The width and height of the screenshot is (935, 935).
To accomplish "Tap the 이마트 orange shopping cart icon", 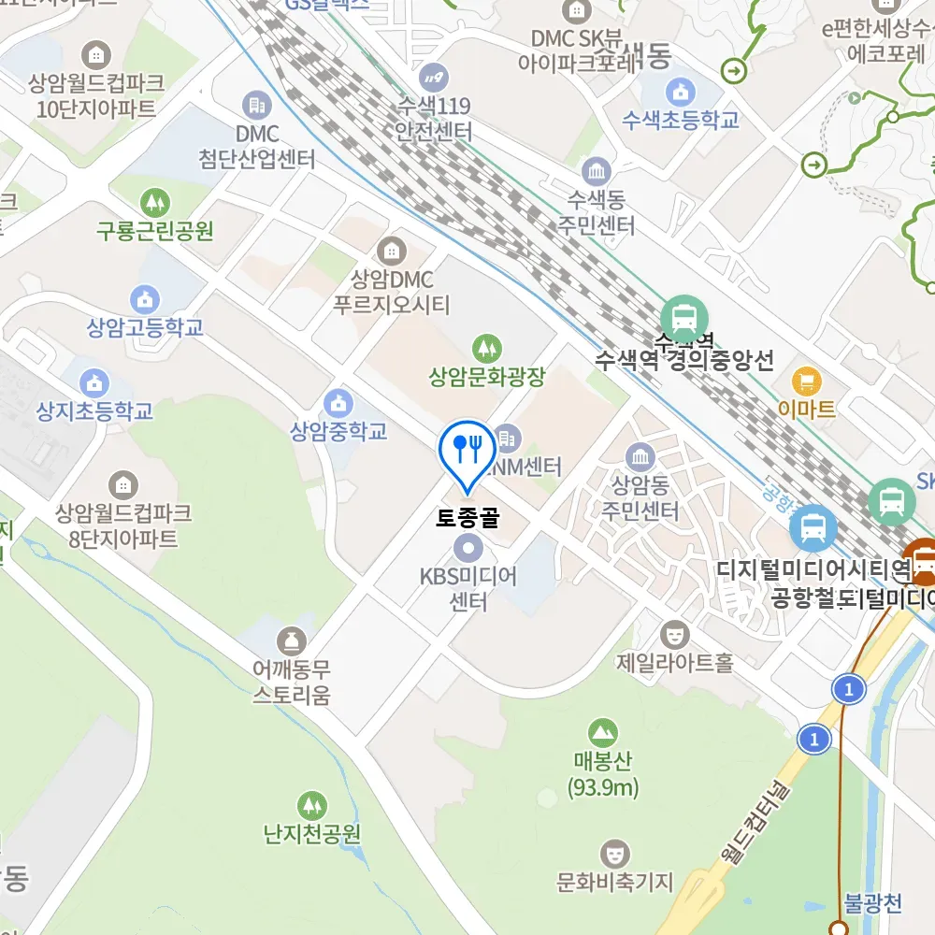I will [806, 381].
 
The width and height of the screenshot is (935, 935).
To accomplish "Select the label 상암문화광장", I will [486, 378].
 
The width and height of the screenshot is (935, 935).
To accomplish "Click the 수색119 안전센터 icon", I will [434, 76].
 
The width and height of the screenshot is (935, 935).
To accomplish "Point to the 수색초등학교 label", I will [681, 120].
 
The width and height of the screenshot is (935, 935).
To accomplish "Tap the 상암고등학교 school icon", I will [145, 299].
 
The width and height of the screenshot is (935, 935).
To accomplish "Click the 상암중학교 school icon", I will [338, 403].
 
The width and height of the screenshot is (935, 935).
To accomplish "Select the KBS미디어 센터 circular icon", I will [467, 547].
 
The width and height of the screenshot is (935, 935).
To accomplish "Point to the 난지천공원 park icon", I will [311, 805].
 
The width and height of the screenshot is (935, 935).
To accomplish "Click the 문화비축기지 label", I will [614, 881].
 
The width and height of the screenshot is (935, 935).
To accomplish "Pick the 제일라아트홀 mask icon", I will [673, 634].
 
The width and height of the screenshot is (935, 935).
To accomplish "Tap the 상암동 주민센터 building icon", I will [640, 456].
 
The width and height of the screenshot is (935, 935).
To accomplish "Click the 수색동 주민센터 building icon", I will [596, 171].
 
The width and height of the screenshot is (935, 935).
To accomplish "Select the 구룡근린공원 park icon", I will [154, 200].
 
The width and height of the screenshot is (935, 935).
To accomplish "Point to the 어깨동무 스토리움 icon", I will [293, 641].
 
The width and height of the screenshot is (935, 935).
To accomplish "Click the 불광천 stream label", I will [872, 903].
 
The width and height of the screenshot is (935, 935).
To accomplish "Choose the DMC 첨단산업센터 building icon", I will [256, 105].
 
